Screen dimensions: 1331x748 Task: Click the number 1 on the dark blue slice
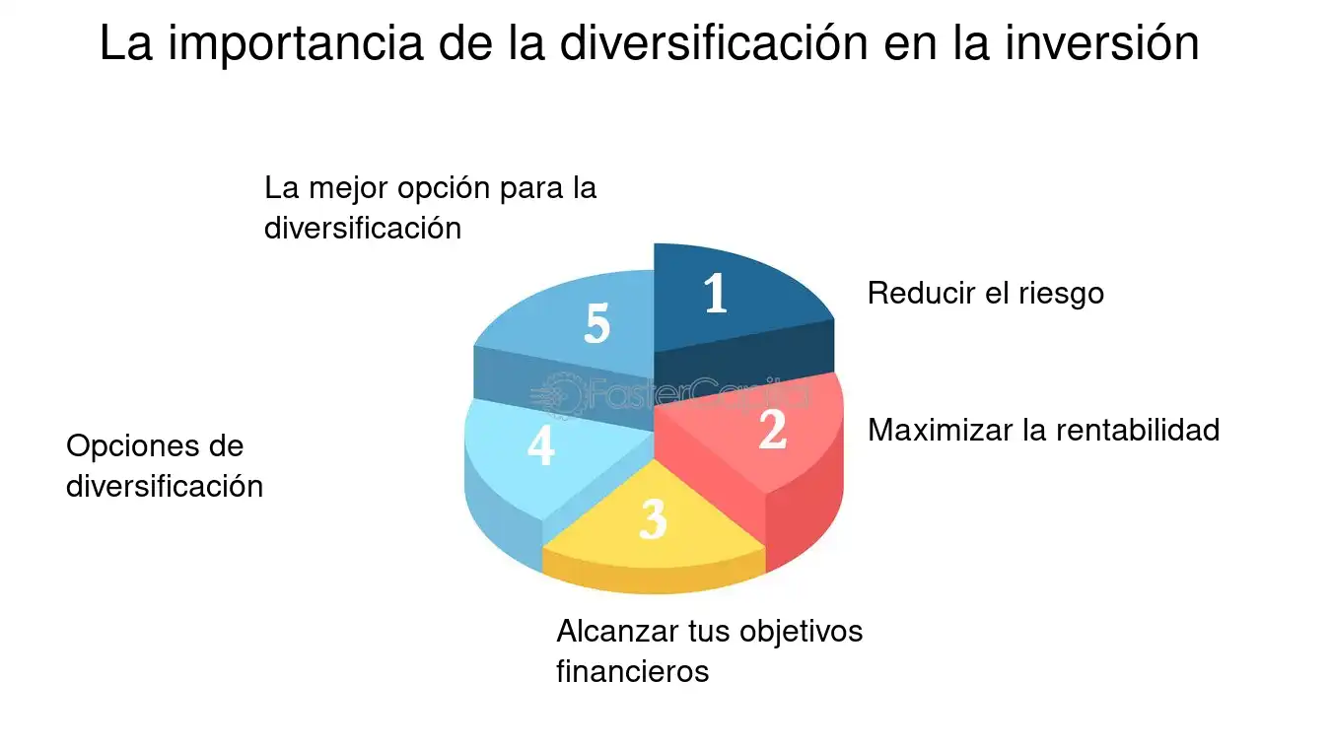[716, 293]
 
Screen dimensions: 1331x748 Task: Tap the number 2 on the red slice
[772, 429]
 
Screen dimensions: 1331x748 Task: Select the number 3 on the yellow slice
[653, 518]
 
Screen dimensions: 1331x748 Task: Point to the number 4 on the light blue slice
[540, 445]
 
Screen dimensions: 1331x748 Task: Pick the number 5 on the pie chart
[596, 322]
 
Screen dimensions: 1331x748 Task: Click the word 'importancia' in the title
[296, 44]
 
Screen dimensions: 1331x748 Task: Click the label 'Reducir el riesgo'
[985, 294]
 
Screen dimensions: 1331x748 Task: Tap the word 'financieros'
[632, 671]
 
